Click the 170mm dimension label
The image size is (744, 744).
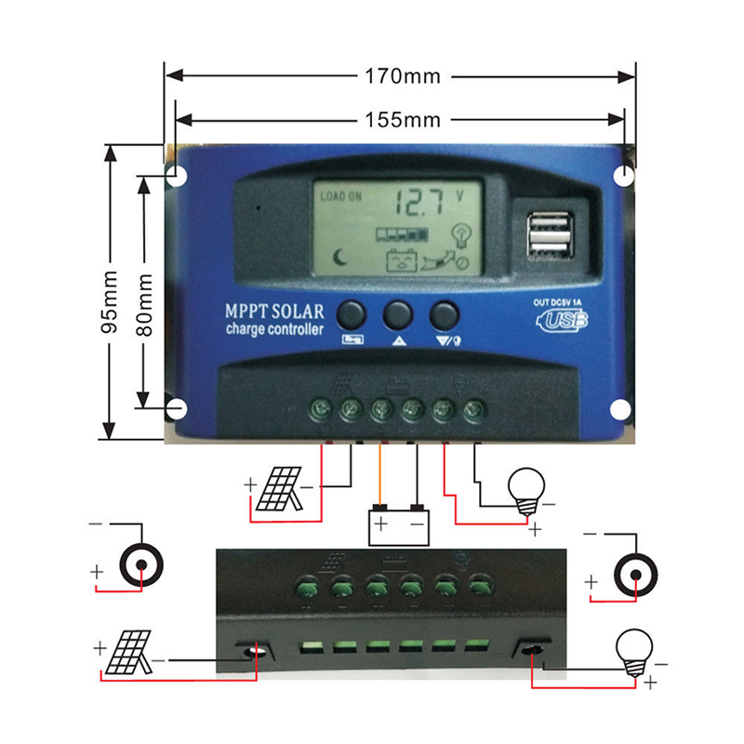coord(403,76)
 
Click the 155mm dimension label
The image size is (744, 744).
coord(403,120)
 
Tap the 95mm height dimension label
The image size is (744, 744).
coord(110,301)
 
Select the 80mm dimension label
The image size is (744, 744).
coord(144,305)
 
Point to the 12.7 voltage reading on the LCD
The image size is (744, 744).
coord(419,203)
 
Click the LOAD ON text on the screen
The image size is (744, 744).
coord(340,196)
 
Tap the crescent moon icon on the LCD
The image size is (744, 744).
coord(339,258)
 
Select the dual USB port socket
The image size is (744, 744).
coord(550,236)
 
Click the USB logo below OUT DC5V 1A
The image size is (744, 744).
coord(562,321)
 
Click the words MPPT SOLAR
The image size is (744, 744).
coord(274,312)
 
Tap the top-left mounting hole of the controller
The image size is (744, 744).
coord(177,177)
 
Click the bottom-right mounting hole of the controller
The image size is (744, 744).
coord(620,409)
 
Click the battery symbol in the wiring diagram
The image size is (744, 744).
coord(399,525)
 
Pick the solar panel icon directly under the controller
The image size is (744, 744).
coord(279,489)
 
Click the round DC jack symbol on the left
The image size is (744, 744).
coord(141,565)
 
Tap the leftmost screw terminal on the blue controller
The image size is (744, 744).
coord(320,408)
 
